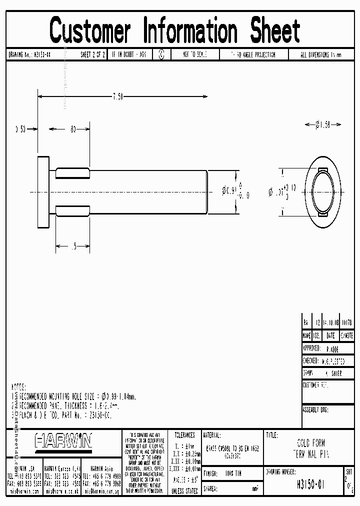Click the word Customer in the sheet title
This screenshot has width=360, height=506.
[90, 30]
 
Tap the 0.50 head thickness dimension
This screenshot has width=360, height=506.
[20, 129]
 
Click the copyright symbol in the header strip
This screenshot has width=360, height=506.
[161, 55]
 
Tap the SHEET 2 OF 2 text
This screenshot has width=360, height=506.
[92, 55]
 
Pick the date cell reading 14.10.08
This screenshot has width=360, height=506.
[330, 323]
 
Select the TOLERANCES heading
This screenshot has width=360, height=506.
[184, 435]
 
